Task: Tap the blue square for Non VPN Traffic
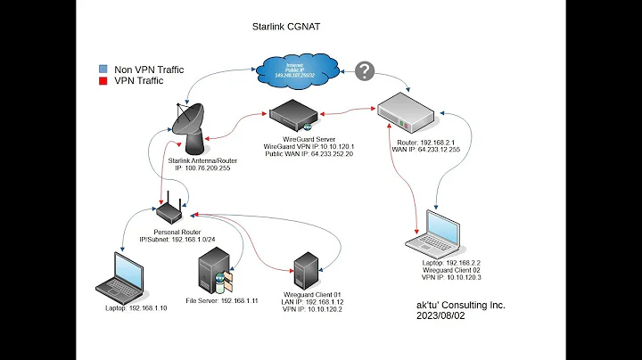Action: coord(104,67)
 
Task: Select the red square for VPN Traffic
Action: coord(104,79)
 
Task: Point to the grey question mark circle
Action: coord(364,71)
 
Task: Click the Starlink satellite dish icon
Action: coord(187,125)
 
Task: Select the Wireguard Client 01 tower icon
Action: coord(307,271)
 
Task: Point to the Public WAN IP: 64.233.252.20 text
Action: coord(309,153)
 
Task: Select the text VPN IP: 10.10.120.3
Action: coord(455,278)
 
